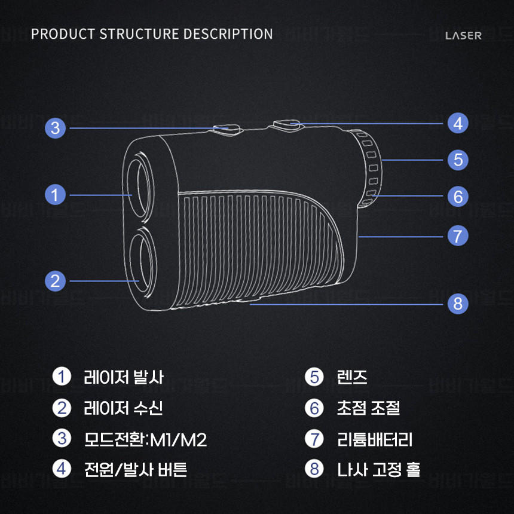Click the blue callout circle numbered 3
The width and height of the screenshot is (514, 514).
coord(55,128)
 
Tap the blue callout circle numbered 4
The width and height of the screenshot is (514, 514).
coord(458,124)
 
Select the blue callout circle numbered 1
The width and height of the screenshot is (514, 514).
coord(55,195)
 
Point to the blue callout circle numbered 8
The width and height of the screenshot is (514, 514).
coord(458,304)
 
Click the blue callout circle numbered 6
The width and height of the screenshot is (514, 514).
coord(458,197)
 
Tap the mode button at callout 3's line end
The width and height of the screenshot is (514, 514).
coord(227,128)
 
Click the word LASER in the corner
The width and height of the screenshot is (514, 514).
coord(463,35)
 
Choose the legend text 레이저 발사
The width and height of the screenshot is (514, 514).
coord(124,377)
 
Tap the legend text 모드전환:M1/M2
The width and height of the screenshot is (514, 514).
coord(145,440)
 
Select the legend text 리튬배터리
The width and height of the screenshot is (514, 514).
coord(375,440)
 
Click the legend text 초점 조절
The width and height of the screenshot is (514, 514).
coord(368,408)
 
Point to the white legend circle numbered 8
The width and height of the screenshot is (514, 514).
coord(314,469)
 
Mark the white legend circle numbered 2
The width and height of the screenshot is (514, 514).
coord(62,408)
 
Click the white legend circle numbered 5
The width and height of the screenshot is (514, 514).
coord(314,377)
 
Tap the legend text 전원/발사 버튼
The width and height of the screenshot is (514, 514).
coord(136,469)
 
